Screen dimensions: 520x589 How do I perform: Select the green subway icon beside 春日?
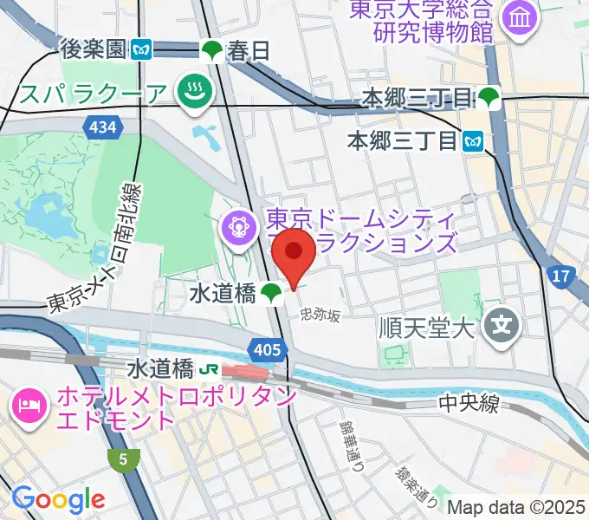tap(212, 51)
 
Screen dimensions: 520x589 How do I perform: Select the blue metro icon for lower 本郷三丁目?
tap(473, 139)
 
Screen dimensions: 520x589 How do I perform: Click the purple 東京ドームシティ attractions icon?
tap(236, 229)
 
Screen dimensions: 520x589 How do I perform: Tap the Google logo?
tap(58, 499)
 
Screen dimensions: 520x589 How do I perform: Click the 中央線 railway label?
tap(468, 403)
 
